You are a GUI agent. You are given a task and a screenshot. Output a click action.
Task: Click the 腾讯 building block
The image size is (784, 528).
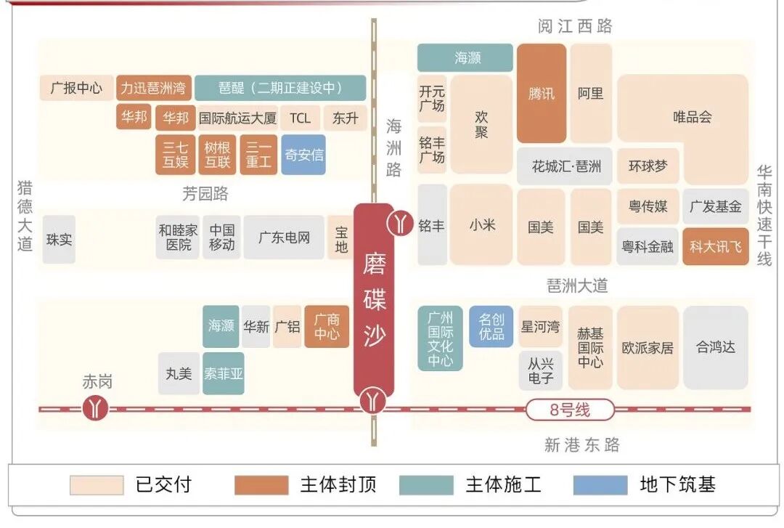coord(541,93)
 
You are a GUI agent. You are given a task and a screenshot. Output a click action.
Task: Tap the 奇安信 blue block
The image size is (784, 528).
coord(303,154)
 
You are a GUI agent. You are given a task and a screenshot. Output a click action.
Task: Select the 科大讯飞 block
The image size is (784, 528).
coord(715,246)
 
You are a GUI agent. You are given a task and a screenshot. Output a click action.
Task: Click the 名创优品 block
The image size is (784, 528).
coord(491,326)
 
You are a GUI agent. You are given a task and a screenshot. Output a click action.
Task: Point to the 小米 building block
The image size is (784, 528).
coord(481,224)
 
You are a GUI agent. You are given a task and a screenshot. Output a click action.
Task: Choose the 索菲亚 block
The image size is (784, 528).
coord(223,373)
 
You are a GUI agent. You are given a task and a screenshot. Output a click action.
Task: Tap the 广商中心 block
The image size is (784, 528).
coord(327,326)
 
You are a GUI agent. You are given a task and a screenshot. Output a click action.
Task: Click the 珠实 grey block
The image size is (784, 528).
coord(59,239)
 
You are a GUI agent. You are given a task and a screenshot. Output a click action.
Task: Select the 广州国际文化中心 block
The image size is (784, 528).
coord(440,338)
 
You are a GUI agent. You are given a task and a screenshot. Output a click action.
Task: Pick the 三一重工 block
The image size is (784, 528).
coord(258,154)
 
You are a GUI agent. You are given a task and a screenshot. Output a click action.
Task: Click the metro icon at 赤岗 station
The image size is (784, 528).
coord(94,408)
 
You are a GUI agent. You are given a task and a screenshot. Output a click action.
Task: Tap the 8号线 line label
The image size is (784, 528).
coord(570,410)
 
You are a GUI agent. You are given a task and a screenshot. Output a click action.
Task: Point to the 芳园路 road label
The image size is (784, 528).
coord(205,194)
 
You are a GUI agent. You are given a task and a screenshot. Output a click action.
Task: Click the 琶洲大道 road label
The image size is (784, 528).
coord(577,285)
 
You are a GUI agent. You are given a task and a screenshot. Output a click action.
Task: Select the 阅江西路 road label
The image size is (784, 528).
coord(575,26)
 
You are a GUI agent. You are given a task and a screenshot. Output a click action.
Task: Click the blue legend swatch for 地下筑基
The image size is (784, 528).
coord(600,485)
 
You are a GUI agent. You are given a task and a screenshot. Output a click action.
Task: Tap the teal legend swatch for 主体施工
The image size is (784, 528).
coord(425,485)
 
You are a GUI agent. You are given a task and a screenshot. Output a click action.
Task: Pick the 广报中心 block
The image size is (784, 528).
coord(76,89)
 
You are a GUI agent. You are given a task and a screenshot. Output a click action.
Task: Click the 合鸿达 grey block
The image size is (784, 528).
coord(715,347)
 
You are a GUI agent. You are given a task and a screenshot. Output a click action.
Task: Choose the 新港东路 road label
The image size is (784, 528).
coord(581,444)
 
